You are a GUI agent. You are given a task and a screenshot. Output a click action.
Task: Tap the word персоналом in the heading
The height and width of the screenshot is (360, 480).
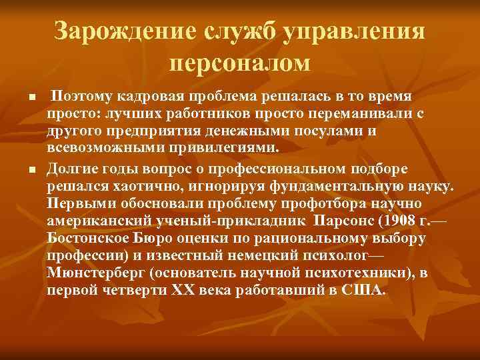tap(240, 64)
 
